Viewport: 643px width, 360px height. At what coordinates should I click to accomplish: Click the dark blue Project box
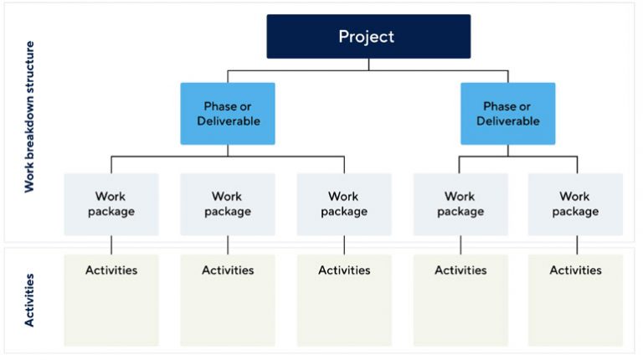(x=368, y=37)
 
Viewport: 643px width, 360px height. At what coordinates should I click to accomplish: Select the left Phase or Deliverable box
(x=227, y=114)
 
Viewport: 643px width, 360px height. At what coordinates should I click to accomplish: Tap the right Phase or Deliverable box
(x=507, y=114)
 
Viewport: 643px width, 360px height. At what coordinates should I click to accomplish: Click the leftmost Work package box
(x=111, y=204)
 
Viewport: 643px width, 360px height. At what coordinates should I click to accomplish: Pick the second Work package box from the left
(x=227, y=204)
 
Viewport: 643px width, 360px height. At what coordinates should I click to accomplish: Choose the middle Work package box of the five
(x=344, y=204)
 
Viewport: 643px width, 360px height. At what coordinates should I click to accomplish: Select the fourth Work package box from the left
(x=460, y=204)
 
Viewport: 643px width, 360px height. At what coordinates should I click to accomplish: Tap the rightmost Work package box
(x=575, y=204)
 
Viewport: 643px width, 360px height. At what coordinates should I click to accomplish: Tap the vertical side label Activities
(x=29, y=299)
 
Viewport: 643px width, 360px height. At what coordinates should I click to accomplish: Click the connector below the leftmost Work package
(x=111, y=244)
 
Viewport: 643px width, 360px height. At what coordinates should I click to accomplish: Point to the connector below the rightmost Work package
(x=576, y=244)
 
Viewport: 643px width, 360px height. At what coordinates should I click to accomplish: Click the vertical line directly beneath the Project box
(x=368, y=64)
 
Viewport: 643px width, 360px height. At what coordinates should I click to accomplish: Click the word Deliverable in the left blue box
(x=228, y=121)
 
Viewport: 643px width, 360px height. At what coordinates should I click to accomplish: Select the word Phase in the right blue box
(x=500, y=106)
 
